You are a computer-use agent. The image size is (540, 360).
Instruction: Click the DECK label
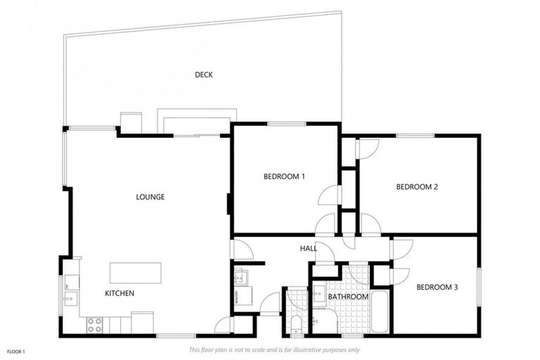204,75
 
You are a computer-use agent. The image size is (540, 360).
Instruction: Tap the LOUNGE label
150,197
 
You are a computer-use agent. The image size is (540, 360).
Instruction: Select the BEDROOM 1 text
284,176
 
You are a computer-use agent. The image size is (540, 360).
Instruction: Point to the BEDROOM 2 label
417,187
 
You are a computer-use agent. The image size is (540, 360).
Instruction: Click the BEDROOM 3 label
437,287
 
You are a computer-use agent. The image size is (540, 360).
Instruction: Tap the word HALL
308,248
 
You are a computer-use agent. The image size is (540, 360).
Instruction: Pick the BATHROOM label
348,297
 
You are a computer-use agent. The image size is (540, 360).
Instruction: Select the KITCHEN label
120,293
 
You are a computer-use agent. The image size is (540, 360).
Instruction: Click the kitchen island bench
135,273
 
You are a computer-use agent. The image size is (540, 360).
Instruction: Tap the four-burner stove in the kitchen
94,325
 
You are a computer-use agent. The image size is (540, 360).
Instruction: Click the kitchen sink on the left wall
70,298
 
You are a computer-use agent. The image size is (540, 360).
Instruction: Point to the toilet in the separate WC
296,324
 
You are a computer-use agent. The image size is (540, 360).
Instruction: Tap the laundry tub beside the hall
239,276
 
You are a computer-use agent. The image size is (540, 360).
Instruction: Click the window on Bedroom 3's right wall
478,287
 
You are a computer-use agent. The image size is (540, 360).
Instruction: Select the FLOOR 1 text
17,350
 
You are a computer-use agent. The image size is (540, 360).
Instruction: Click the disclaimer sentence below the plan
274,349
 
